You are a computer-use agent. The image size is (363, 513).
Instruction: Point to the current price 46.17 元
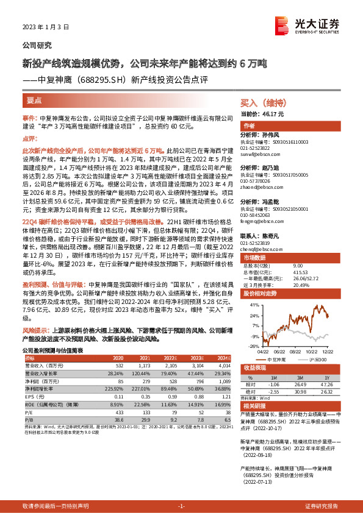coord(263,114)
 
